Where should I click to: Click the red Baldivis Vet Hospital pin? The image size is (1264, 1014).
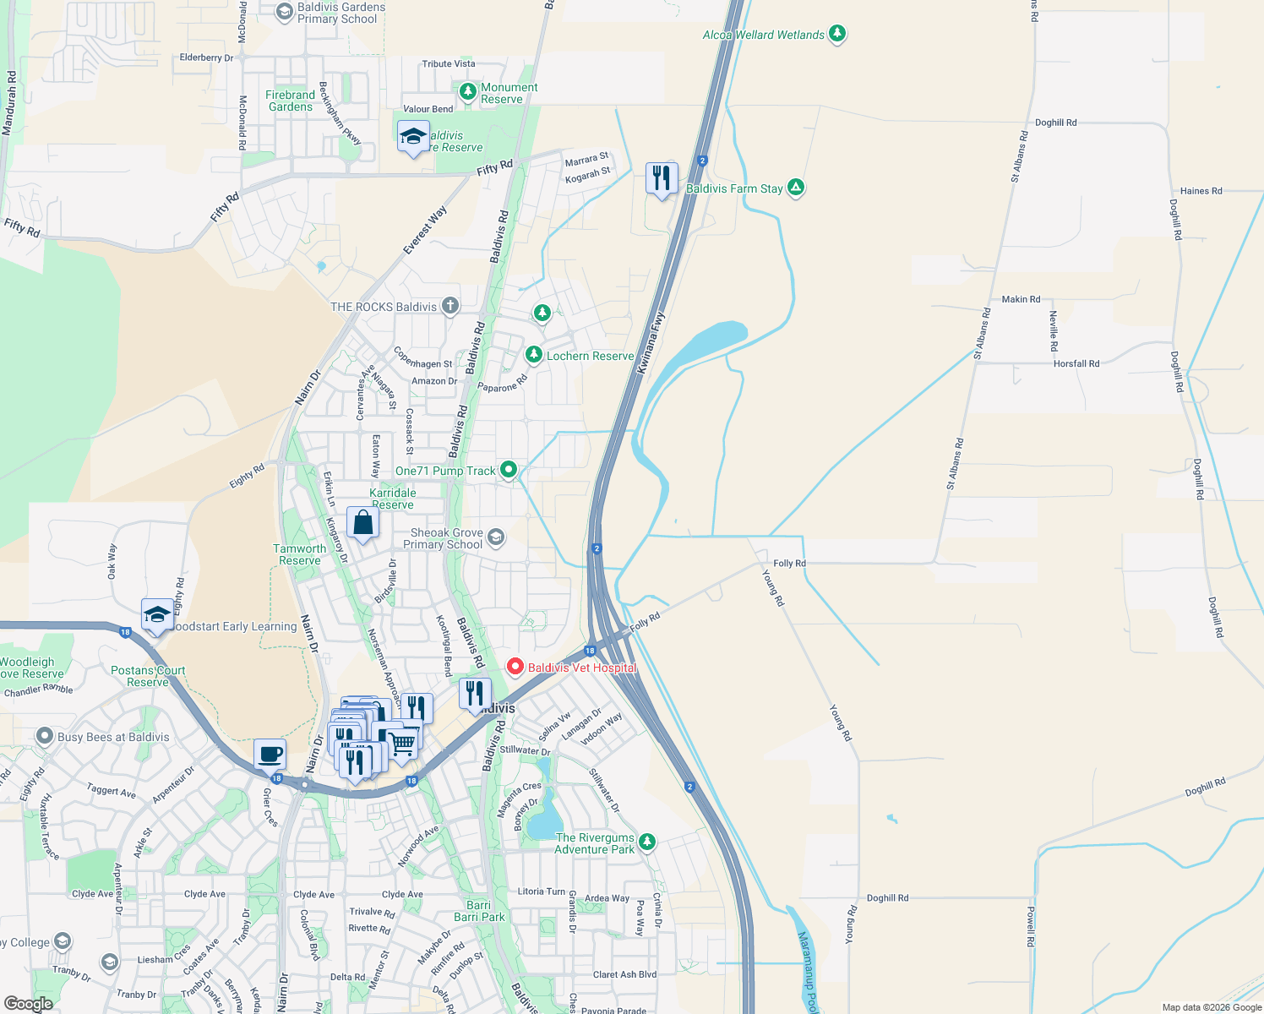[515, 667]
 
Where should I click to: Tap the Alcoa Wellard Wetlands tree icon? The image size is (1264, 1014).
[837, 34]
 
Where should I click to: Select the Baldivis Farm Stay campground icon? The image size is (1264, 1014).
[795, 188]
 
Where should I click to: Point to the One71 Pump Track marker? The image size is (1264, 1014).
[508, 469]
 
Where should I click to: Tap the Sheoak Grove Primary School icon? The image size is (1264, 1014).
[496, 537]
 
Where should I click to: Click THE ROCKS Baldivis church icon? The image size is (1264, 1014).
[450, 306]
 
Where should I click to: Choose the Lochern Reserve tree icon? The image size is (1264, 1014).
[533, 355]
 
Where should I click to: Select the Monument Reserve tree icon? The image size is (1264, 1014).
[467, 91]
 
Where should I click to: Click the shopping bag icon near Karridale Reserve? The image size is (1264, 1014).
[362, 524]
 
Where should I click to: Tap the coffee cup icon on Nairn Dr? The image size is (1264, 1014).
[270, 754]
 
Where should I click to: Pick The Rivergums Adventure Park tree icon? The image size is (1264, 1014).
[647, 842]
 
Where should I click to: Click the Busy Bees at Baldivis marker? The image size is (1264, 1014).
[45, 736]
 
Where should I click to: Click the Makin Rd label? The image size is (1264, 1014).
[1021, 299]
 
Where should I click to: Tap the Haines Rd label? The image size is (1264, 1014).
[1201, 191]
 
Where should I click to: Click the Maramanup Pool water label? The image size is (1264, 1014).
[808, 972]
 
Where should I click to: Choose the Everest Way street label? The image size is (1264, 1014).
[425, 230]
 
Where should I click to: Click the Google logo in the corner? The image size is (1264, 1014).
[28, 1004]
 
